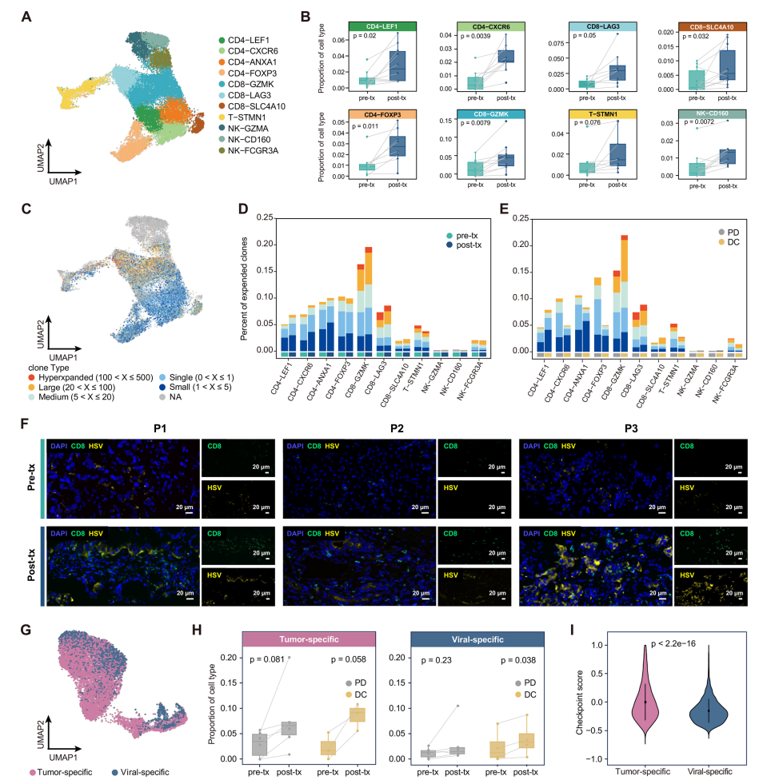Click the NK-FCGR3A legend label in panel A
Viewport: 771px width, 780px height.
pos(257,150)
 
